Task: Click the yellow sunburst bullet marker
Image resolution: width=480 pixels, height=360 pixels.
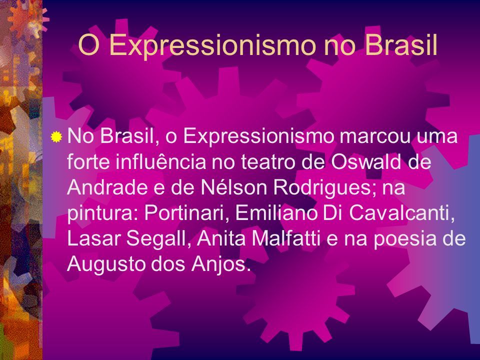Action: [56, 137]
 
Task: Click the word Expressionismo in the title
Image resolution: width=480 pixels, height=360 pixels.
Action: [212, 45]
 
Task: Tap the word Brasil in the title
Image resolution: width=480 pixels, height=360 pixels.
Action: [401, 44]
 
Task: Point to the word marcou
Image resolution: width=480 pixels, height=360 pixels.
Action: [374, 136]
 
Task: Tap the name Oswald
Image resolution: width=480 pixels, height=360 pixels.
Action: [366, 161]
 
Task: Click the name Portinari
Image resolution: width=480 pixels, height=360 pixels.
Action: [187, 212]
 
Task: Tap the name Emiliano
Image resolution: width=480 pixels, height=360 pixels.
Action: [276, 212]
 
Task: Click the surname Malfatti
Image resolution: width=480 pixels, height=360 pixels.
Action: [286, 238]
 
